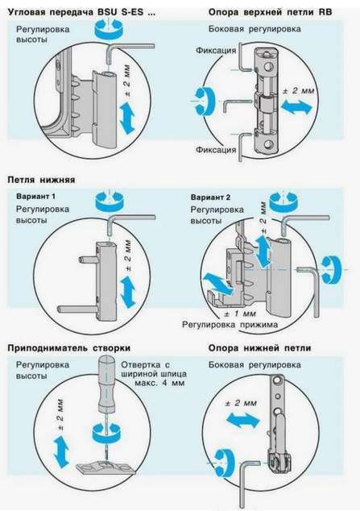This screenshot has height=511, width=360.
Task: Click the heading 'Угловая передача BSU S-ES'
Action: [76, 13]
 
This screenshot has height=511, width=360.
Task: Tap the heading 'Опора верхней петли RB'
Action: [270, 12]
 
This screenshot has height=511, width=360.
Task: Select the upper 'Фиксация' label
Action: [216, 51]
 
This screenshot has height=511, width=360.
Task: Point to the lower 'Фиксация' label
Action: [216, 150]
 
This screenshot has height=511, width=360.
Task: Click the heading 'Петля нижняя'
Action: [41, 180]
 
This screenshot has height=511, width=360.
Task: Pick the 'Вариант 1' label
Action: [35, 197]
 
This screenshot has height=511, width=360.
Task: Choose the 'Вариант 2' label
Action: [210, 197]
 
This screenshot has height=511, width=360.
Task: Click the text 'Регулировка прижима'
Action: [230, 325]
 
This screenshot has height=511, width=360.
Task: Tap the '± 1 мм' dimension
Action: [240, 314]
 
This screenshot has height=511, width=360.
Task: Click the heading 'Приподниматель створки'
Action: [69, 348]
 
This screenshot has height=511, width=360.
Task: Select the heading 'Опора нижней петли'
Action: [260, 348]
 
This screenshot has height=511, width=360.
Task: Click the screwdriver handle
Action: [107, 385]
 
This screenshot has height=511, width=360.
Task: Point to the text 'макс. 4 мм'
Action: [159, 383]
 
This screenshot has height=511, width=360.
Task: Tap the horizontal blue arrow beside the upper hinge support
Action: [296, 107]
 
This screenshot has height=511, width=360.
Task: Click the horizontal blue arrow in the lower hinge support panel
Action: [243, 420]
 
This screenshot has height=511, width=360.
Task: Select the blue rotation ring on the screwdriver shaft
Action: [107, 432]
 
